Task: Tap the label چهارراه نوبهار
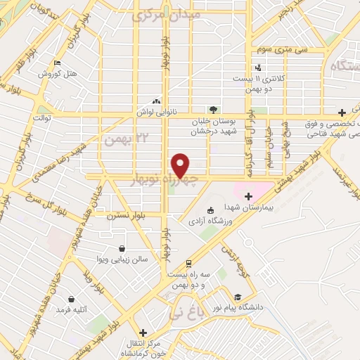(x=162, y=181)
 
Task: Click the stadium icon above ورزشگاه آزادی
(x=210, y=210)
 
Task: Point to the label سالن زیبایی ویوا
(x=123, y=259)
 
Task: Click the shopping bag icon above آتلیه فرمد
(x=72, y=299)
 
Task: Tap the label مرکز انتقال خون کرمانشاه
(x=143, y=347)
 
